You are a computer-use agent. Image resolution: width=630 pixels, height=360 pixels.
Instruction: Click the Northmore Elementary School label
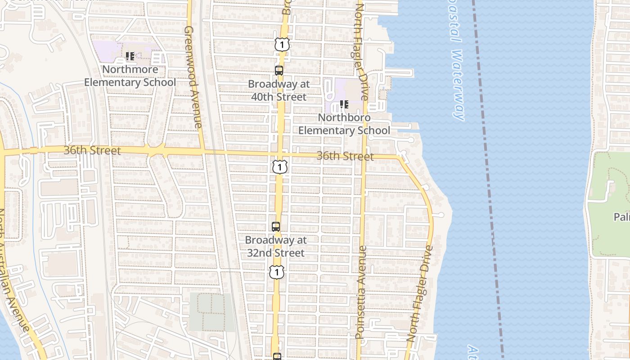(x=130, y=76)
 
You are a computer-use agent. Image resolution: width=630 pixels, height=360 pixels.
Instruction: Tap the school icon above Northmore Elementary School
(x=130, y=56)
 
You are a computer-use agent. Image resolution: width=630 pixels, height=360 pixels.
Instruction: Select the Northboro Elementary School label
(x=344, y=124)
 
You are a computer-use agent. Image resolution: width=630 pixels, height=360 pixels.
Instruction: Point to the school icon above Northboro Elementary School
(x=344, y=104)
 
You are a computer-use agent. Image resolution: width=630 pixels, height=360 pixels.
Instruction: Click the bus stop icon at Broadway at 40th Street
(x=279, y=70)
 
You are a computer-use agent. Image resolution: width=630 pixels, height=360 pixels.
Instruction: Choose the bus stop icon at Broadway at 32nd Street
(x=276, y=227)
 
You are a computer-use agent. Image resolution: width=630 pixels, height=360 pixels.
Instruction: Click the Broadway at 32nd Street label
(x=276, y=247)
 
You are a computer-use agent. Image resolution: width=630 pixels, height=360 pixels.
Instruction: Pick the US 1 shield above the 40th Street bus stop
(x=282, y=45)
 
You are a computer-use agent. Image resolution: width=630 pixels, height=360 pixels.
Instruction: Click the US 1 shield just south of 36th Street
(x=279, y=167)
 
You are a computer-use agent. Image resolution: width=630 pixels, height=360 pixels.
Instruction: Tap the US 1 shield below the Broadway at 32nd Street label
(x=277, y=272)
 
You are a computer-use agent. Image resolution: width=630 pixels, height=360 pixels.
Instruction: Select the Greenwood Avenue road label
(x=193, y=76)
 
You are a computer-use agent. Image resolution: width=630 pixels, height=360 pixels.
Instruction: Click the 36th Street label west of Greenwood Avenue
(x=92, y=150)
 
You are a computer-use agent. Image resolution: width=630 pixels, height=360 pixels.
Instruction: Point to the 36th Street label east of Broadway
(x=345, y=156)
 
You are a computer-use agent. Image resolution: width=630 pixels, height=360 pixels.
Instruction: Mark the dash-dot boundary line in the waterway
(x=488, y=180)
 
